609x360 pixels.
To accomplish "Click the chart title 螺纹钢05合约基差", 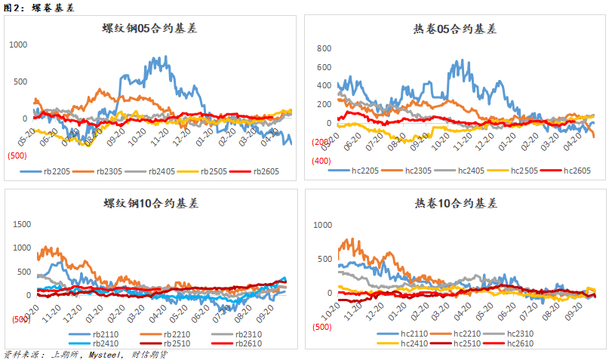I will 155,29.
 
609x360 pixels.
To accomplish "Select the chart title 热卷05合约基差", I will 455,29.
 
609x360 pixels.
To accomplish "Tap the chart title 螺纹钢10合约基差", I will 155,203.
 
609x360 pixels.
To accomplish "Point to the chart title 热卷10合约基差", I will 455,203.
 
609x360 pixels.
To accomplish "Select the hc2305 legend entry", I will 412,171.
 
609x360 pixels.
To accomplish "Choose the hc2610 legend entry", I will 521,343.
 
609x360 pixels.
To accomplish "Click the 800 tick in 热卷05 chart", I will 324,48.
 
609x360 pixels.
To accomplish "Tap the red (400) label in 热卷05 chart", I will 321,161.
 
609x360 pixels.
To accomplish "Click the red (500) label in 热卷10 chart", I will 321,327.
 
